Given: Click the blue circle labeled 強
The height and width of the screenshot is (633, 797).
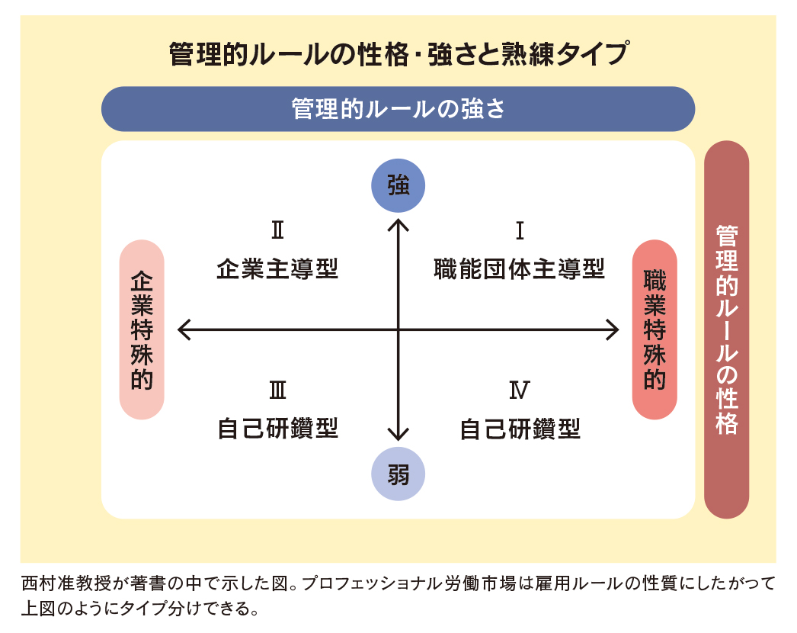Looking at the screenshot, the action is tap(398, 185).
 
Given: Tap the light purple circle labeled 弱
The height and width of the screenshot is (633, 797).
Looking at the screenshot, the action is tap(398, 474).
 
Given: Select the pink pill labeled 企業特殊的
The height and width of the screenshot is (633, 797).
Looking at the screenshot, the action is tap(142, 329).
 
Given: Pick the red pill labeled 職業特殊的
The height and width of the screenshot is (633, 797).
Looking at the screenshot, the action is tap(655, 329).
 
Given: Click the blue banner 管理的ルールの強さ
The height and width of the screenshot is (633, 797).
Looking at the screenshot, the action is tap(398, 109).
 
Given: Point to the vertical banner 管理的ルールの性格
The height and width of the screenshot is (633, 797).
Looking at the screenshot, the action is tap(726, 329).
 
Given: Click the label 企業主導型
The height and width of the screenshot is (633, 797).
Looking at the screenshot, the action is tap(277, 268).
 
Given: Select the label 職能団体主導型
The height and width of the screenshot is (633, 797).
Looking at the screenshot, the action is tap(520, 268).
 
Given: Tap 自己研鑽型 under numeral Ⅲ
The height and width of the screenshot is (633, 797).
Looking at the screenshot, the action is tap(277, 429).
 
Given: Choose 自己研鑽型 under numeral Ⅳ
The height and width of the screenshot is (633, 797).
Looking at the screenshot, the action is tap(520, 429).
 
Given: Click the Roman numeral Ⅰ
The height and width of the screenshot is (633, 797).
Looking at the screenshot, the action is tap(520, 230).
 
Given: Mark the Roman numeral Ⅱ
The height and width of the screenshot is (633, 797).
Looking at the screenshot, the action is tap(277, 230).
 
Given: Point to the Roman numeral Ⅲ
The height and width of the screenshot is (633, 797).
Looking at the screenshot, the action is tap(277, 390).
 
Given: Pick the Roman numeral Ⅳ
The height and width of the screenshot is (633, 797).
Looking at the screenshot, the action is tap(520, 390).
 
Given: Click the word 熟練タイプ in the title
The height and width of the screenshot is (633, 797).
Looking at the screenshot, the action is tap(565, 54).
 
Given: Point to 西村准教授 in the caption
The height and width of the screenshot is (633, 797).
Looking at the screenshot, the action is tap(66, 583).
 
